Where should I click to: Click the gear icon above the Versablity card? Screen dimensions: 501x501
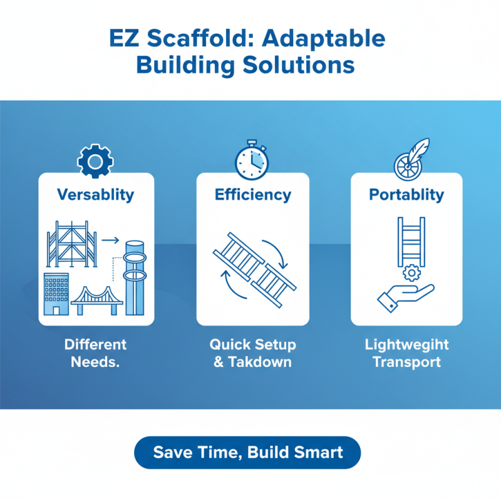[x=95, y=162]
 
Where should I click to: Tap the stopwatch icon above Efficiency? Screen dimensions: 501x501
[x=252, y=161]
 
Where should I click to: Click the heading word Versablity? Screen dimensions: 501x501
[x=95, y=194]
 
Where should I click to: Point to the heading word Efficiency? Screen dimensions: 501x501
[x=252, y=194]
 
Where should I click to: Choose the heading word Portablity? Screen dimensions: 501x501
[x=406, y=194]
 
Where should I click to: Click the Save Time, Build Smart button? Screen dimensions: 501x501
[x=248, y=452]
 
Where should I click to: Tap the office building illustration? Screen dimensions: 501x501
[x=56, y=294]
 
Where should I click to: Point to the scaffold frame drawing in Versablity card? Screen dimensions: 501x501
[x=72, y=245]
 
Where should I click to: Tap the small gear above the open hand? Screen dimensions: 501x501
[x=410, y=272]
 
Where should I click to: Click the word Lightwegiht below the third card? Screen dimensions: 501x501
[x=406, y=345]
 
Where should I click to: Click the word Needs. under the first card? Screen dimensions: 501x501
[x=95, y=362]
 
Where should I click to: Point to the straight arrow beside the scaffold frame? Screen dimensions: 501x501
[x=110, y=239]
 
